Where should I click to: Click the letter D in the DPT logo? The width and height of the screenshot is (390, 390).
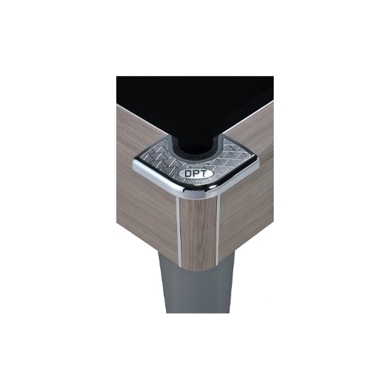click(189, 174)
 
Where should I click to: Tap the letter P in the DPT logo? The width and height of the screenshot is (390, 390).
click(196, 174)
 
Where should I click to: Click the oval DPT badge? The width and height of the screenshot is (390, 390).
click(196, 174)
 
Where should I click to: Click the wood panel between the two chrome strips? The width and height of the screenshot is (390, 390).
click(198, 234)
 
